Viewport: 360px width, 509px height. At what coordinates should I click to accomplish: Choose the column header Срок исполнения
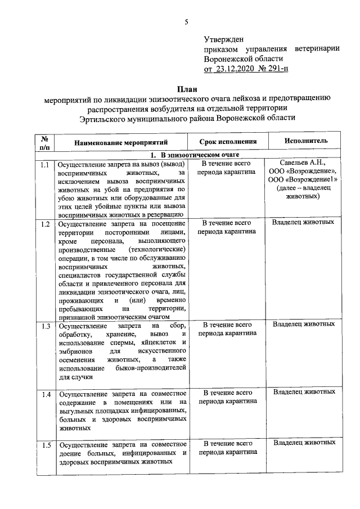click(x=228, y=142)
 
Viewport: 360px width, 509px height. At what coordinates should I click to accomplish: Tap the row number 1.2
click(x=45, y=224)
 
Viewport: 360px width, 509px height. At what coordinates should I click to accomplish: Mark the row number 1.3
click(x=45, y=326)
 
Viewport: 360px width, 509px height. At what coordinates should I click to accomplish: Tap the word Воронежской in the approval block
click(x=228, y=58)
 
